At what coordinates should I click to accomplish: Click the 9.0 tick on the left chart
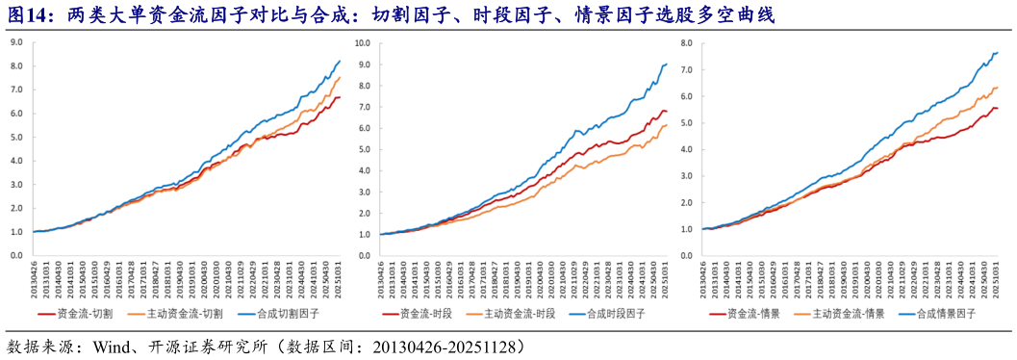pyautogui.click(x=16, y=42)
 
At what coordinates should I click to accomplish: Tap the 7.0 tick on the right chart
pyautogui.click(x=686, y=70)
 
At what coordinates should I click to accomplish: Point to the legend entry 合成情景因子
pyautogui.click(x=947, y=314)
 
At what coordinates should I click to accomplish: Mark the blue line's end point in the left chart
pyautogui.click(x=340, y=61)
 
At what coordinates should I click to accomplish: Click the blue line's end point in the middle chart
pyautogui.click(x=668, y=64)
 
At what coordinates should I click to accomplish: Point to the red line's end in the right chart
pyautogui.click(x=997, y=108)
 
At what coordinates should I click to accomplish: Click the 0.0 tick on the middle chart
pyautogui.click(x=364, y=255)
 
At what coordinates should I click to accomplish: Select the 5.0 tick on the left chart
pyautogui.click(x=16, y=137)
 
